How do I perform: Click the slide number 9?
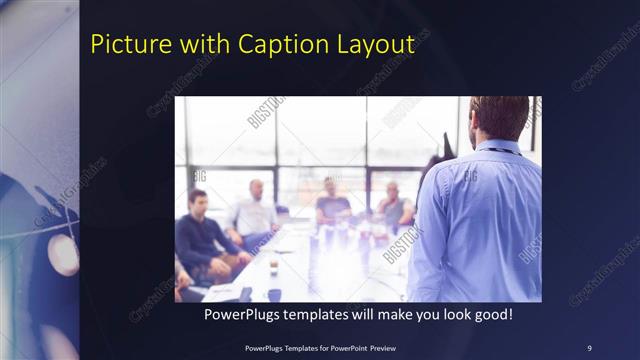(x=589, y=347)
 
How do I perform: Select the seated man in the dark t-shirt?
(x=333, y=205)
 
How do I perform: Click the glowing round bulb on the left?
(x=62, y=255)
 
